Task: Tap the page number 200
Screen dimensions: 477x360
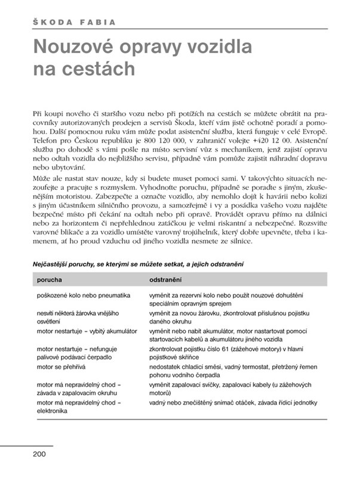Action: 39,454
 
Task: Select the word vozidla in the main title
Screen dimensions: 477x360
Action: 221,47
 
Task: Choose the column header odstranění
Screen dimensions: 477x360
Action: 165,279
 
